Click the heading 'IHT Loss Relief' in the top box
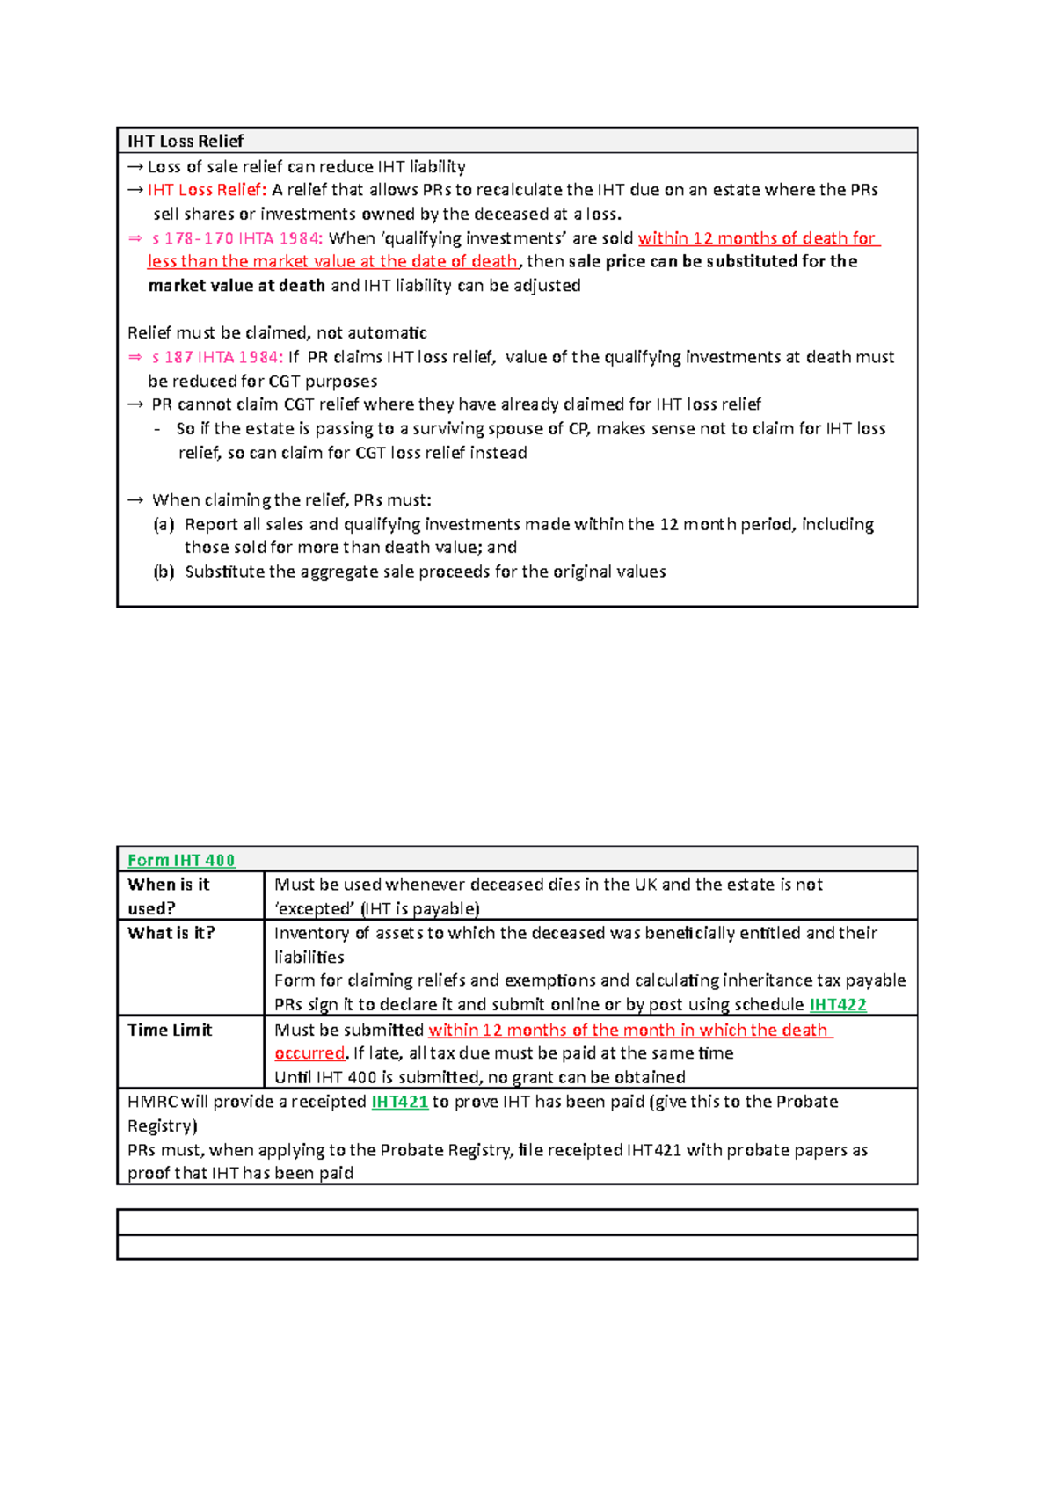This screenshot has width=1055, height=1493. coord(186,141)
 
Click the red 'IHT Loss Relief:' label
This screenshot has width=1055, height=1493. coord(207,190)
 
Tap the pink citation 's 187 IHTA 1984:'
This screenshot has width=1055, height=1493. coord(216,357)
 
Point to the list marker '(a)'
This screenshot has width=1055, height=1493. coord(164,525)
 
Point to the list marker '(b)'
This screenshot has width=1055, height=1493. coord(164,572)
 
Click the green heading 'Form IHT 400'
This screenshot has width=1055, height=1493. coord(181,861)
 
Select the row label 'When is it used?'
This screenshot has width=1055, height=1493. coord(169,896)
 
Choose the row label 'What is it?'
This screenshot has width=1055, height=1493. coord(171,933)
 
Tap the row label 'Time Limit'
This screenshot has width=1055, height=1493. coord(170,1030)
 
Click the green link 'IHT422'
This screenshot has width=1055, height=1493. coord(837,1005)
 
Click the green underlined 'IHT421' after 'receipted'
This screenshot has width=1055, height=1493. coord(399,1102)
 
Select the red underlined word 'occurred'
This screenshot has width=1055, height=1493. coord(309,1053)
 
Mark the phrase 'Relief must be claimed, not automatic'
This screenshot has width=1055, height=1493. coord(277,333)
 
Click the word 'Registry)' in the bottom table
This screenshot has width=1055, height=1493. coord(162,1126)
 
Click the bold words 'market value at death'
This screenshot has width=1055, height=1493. coord(236,286)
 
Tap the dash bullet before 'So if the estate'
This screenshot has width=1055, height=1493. coord(157,430)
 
